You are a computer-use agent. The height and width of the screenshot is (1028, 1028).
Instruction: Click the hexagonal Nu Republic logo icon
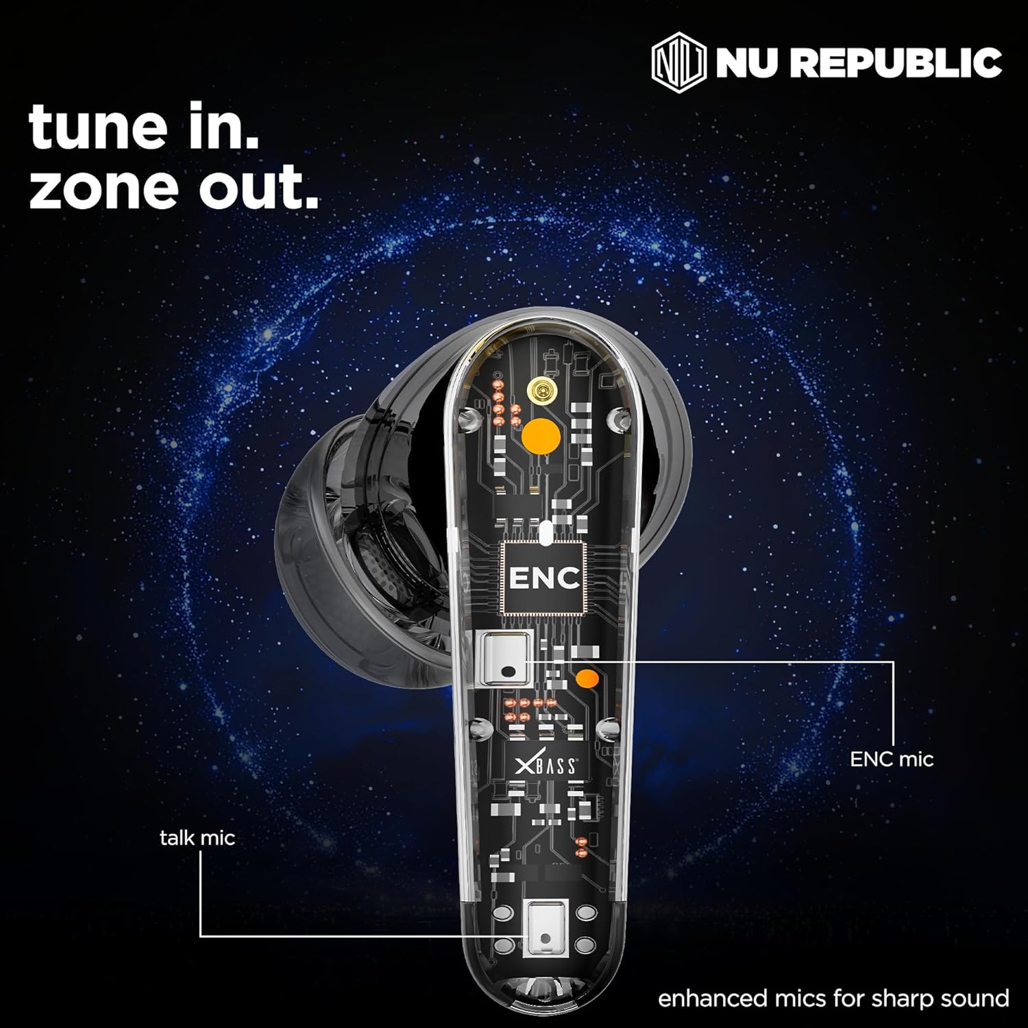(x=678, y=64)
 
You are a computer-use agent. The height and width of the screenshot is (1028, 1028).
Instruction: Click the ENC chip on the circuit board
(x=543, y=578)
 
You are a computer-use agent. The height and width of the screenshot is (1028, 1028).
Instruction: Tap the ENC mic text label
(x=892, y=759)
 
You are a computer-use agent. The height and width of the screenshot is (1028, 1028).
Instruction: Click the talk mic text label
(x=197, y=837)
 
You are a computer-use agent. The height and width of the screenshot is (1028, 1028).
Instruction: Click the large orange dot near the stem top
(x=541, y=436)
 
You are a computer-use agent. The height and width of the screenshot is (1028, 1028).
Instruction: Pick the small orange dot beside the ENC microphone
(x=586, y=679)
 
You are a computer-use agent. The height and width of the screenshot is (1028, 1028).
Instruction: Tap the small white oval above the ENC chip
(x=546, y=533)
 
